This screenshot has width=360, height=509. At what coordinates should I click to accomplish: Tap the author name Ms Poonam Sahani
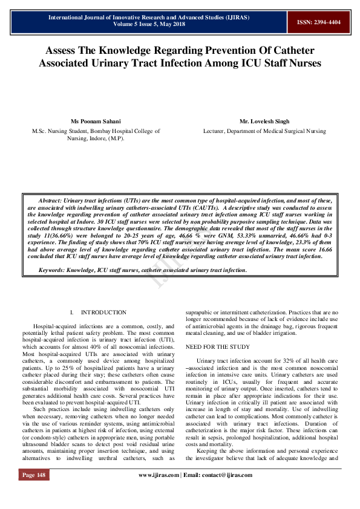pyautogui.click(x=96, y=122)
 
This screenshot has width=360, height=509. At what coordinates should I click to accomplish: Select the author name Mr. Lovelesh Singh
pyautogui.click(x=264, y=122)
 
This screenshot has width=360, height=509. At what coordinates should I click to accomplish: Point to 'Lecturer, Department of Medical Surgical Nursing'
pyautogui.click(x=264, y=131)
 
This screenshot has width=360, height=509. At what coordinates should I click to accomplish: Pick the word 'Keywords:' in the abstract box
pyautogui.click(x=53, y=270)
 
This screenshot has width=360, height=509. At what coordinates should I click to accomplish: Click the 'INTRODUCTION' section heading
pyautogui.click(x=103, y=312)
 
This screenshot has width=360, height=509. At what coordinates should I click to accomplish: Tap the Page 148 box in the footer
pyautogui.click(x=34, y=492)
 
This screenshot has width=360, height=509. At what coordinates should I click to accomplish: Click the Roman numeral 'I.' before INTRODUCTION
pyautogui.click(x=72, y=312)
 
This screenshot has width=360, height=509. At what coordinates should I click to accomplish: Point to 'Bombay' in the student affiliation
pyautogui.click(x=106, y=131)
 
